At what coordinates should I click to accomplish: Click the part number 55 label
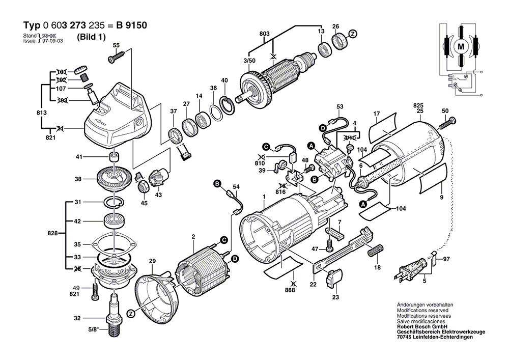116,45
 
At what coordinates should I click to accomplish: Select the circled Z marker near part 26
353,34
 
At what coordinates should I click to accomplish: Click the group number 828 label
52,233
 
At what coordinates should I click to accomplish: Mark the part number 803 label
264,34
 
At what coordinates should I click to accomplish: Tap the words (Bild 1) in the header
92,37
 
